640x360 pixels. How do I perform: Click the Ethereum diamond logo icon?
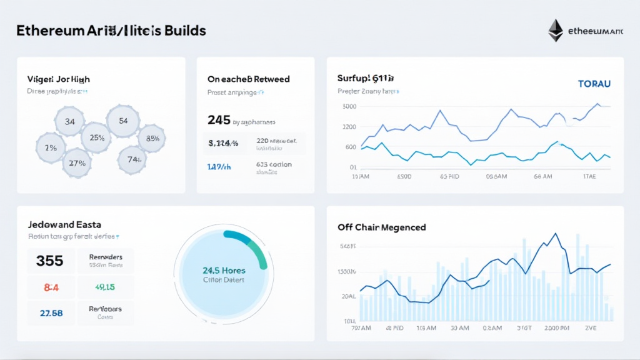pyautogui.click(x=555, y=30)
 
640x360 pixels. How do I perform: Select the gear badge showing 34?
pyautogui.click(x=69, y=121)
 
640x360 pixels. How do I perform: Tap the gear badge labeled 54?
pyautogui.click(x=122, y=121)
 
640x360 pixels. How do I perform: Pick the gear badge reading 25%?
pyautogui.click(x=97, y=138)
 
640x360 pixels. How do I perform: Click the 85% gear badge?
pyautogui.click(x=151, y=138)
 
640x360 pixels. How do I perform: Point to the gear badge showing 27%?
pyautogui.click(x=77, y=163)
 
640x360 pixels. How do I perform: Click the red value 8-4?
pyautogui.click(x=51, y=287)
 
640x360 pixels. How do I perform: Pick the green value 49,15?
pyautogui.click(x=104, y=287)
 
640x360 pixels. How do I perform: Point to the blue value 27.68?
pyautogui.click(x=51, y=312)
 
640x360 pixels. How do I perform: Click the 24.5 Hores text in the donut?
pyautogui.click(x=224, y=270)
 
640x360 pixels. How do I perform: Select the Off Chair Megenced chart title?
pyautogui.click(x=381, y=227)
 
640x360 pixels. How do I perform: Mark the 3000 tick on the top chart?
pyautogui.click(x=348, y=106)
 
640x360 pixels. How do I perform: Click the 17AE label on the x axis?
pyautogui.click(x=590, y=177)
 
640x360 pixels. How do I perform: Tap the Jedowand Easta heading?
pyautogui.click(x=65, y=224)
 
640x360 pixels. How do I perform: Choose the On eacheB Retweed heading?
pyautogui.click(x=248, y=79)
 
